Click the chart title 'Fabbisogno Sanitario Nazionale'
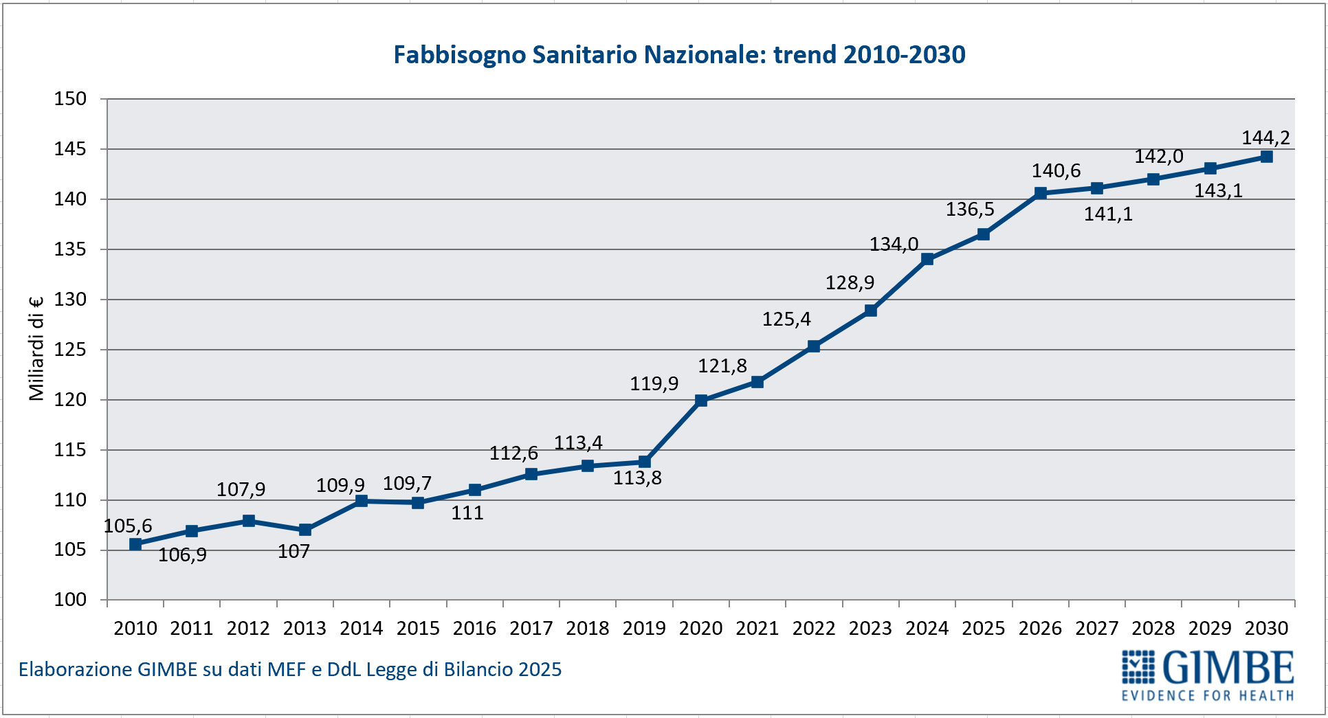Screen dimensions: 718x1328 pyautogui.click(x=679, y=55)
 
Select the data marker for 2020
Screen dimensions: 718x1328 pyautogui.click(x=701, y=401)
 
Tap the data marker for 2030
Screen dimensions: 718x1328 pyautogui.click(x=1267, y=157)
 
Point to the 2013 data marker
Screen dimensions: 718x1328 pyautogui.click(x=305, y=530)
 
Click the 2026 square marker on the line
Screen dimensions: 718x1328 pyautogui.click(x=1041, y=193)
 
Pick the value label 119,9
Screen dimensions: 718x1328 pyautogui.click(x=654, y=383)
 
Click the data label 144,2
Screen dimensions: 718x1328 pyautogui.click(x=1265, y=138)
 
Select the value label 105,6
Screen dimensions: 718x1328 pyautogui.click(x=128, y=526)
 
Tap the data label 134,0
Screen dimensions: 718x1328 pyautogui.click(x=894, y=244)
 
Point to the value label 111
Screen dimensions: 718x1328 pyautogui.click(x=467, y=513)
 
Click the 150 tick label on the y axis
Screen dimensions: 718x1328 pyautogui.click(x=71, y=99)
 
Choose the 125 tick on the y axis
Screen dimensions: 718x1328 pyautogui.click(x=71, y=350)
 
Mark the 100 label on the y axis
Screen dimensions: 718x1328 pyautogui.click(x=71, y=600)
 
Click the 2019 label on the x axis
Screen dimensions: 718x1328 pyautogui.click(x=644, y=628)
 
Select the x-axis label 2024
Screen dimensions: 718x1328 pyautogui.click(x=927, y=628)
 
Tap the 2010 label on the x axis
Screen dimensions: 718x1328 pyautogui.click(x=135, y=628)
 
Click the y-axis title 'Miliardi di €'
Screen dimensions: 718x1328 pyautogui.click(x=36, y=348)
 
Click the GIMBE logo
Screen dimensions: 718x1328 pyautogui.click(x=1208, y=675)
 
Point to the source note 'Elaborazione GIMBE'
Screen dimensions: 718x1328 pyautogui.click(x=290, y=669)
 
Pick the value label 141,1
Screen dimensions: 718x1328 pyautogui.click(x=1108, y=214)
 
